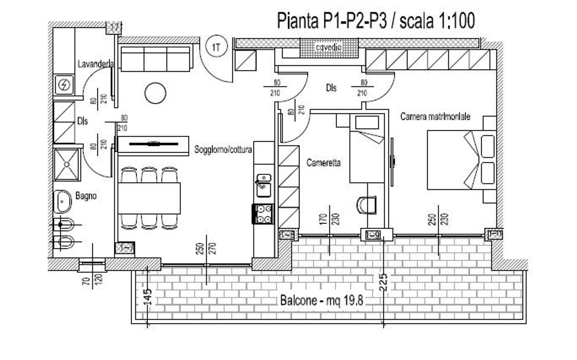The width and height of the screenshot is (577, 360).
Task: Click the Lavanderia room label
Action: (x=95, y=64)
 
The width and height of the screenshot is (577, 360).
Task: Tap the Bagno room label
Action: (x=86, y=196)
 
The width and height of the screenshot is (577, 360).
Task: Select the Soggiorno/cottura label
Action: (x=223, y=149)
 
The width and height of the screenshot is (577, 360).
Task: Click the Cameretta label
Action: (x=324, y=163)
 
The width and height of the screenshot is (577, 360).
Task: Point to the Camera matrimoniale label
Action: (x=435, y=116)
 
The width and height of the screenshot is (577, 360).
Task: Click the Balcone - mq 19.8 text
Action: (x=322, y=300)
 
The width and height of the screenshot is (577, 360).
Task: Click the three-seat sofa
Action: (x=155, y=59)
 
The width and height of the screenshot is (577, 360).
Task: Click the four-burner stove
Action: (x=263, y=214)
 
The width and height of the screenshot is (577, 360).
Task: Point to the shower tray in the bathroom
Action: (x=67, y=164)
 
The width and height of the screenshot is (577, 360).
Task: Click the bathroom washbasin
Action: (x=63, y=201)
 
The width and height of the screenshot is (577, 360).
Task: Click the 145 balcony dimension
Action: (x=147, y=297)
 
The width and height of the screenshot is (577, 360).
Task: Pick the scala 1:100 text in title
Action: (x=437, y=20)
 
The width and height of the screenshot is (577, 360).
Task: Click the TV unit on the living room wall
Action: (x=153, y=144)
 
